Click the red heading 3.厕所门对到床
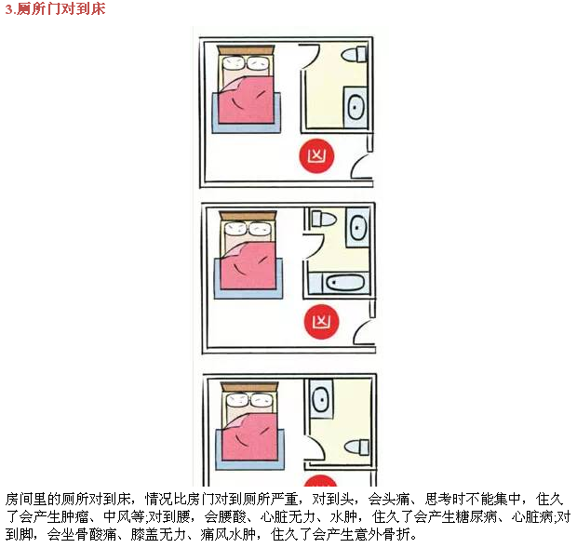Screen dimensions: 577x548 pos(55,8)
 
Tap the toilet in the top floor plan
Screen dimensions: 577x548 pos(354,55)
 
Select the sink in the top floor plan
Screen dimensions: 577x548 pos(356,107)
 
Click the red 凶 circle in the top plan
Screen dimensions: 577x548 pos(316,156)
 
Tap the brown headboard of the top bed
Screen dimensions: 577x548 pos(246,50)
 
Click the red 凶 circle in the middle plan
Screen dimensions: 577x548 pos(321,321)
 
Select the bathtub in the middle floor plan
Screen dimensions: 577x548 pos(339,283)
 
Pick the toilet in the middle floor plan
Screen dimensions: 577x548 pos(324,220)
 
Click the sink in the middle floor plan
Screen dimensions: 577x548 pos(357,227)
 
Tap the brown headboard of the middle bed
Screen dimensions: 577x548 pos(248,216)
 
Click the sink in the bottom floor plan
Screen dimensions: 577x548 pos(322,399)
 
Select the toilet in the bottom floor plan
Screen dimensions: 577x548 pos(356,447)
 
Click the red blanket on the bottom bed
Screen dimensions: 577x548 pos(249,436)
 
